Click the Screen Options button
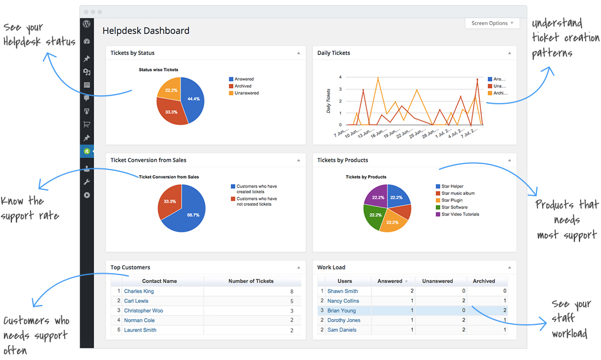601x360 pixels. tap(492, 23)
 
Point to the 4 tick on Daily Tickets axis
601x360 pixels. tap(340, 77)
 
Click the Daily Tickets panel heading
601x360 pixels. tap(334, 53)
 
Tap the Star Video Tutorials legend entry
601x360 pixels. tap(460, 214)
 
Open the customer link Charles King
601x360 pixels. tap(139, 291)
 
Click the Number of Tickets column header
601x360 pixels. tap(251, 281)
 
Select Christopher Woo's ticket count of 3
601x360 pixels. tap(291, 311)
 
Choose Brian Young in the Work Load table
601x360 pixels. tap(341, 311)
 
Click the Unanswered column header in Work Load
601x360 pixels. tap(437, 281)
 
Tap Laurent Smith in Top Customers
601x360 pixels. tap(140, 330)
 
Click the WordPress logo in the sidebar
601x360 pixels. tap(87, 24)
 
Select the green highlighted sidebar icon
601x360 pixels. tap(87, 151)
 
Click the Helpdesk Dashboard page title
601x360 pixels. tap(146, 31)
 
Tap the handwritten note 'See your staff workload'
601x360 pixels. tap(570, 319)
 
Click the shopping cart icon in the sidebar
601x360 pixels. tap(87, 125)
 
